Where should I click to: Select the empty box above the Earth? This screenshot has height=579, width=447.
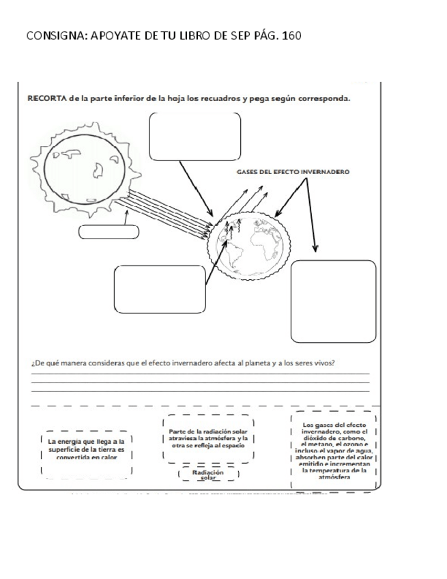click(194, 136)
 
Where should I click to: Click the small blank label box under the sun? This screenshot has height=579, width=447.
click(109, 232)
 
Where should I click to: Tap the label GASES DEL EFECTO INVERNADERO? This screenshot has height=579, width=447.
click(294, 172)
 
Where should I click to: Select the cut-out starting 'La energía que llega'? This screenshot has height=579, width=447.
click(87, 450)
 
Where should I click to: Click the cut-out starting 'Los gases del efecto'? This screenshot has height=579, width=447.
click(334, 451)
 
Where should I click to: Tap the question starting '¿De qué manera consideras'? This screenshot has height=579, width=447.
click(183, 363)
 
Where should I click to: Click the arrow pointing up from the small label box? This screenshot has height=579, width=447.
click(126, 216)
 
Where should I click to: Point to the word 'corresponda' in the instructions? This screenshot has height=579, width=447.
click(324, 98)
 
